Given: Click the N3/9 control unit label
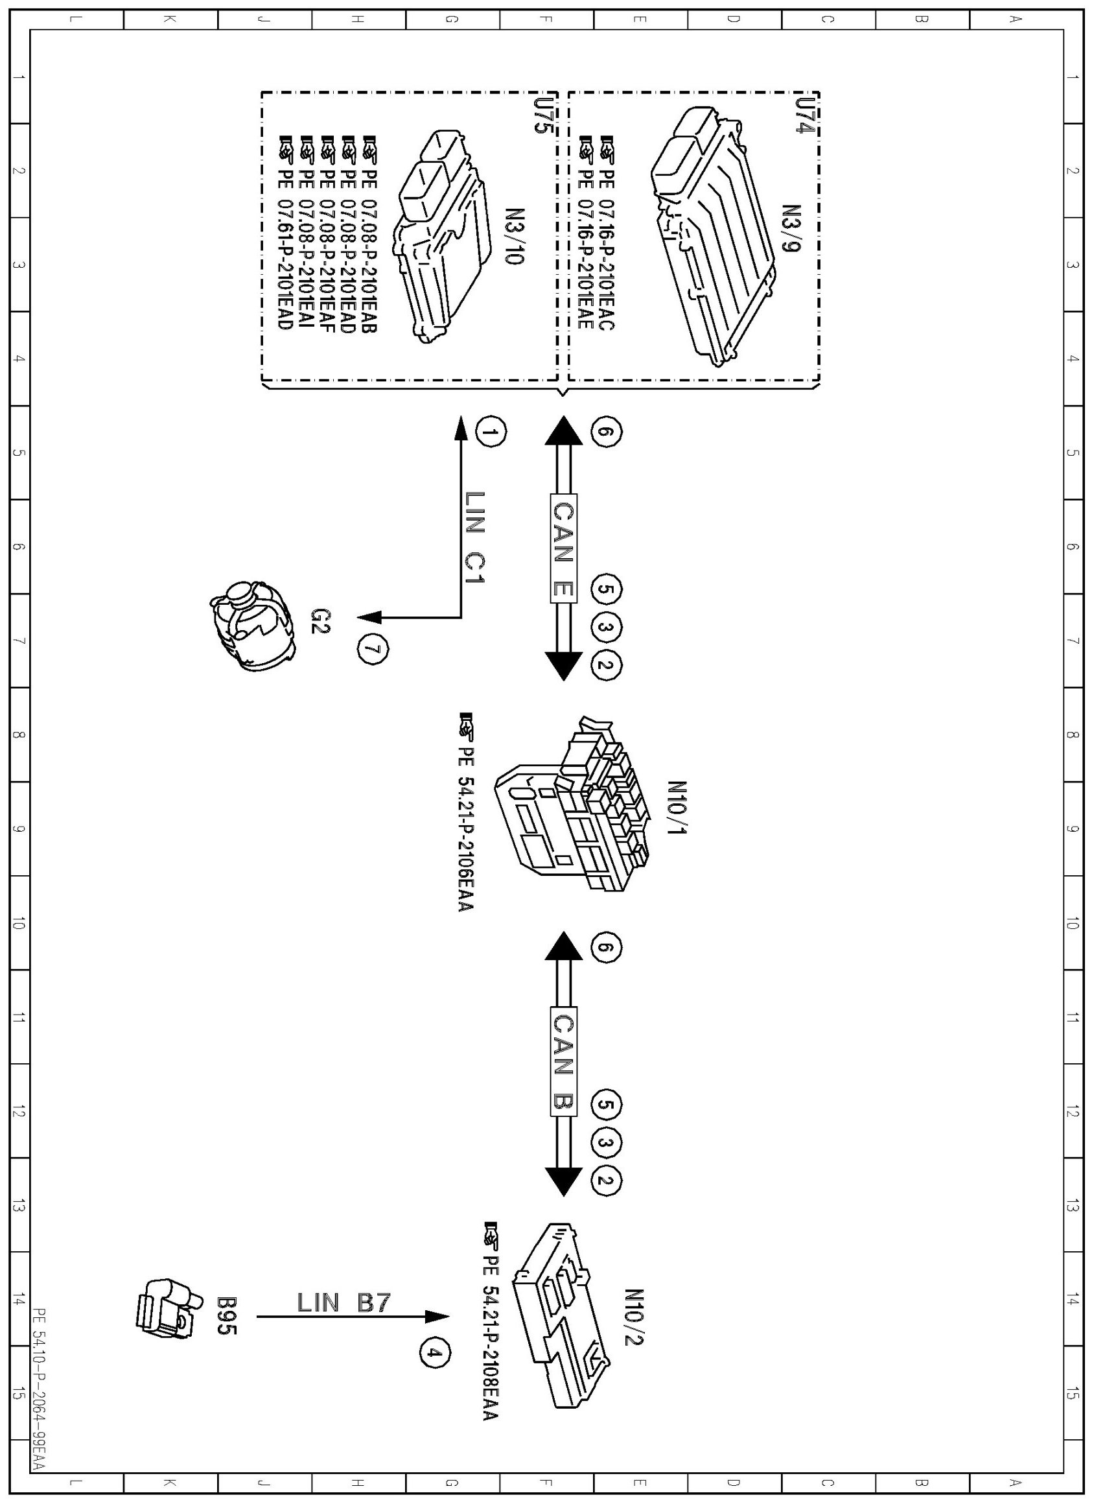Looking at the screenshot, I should (x=791, y=228).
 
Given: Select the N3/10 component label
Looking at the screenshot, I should (x=515, y=236).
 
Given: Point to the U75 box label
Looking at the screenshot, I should (x=542, y=116).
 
